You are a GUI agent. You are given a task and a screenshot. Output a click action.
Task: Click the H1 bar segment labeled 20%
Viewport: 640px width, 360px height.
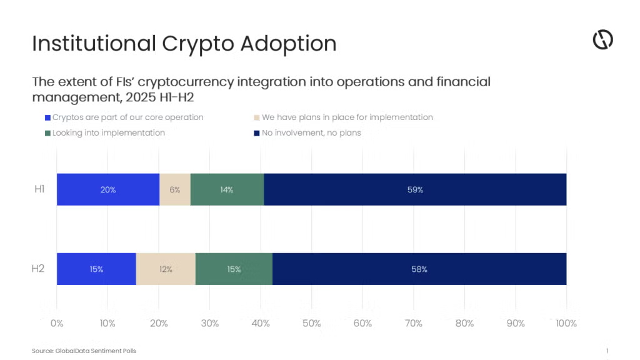(x=107, y=189)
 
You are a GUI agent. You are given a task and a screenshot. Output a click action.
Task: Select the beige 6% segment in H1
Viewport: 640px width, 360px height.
(x=174, y=189)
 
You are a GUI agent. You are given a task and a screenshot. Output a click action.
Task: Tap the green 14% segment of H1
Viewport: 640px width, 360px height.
(x=226, y=189)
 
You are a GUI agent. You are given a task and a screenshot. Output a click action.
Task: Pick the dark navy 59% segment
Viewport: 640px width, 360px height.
(x=415, y=189)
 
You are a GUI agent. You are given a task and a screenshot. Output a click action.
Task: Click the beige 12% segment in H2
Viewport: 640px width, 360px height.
(x=165, y=269)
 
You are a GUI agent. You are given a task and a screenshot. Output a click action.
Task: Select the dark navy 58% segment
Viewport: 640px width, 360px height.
(x=419, y=269)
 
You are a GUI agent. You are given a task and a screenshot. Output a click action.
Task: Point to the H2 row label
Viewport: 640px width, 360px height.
(x=38, y=269)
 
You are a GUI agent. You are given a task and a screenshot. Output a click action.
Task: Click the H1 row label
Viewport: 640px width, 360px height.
(x=39, y=189)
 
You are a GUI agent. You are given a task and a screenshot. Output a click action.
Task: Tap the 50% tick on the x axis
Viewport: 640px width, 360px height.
(x=311, y=323)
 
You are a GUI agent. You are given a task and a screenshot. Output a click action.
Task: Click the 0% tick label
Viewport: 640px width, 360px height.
(x=57, y=323)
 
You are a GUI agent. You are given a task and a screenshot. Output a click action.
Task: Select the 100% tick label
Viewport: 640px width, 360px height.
(x=566, y=323)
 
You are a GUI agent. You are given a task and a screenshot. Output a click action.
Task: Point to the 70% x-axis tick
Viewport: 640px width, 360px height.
(x=414, y=323)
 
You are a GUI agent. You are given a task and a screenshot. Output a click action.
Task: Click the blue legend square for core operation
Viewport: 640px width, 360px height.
(x=47, y=117)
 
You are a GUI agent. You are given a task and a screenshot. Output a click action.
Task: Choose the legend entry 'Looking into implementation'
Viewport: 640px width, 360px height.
(x=108, y=132)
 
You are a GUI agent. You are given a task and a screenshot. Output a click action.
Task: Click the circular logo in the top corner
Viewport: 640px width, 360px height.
(x=602, y=40)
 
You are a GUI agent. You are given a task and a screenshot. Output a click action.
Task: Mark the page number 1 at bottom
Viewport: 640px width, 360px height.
(x=607, y=351)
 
